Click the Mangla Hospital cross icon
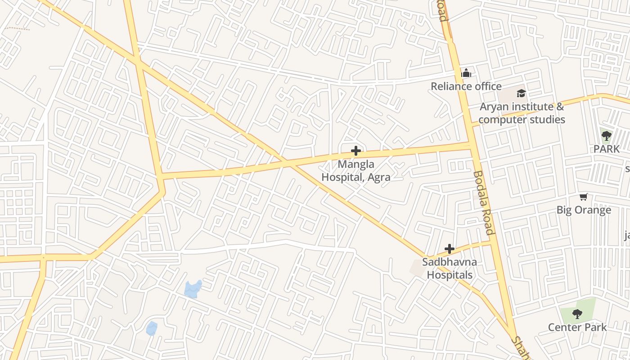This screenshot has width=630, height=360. [x=356, y=151]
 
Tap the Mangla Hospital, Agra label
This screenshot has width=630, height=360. [x=355, y=171]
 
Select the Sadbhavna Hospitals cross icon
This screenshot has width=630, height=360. [x=449, y=248]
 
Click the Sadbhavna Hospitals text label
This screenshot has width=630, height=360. [x=450, y=268]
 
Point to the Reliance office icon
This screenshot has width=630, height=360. [x=466, y=73]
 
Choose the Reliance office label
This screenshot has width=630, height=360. [x=466, y=86]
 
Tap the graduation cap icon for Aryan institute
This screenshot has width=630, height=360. [x=521, y=93]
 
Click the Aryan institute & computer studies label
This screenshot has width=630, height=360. [x=522, y=113]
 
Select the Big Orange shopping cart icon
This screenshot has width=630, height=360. [x=584, y=197]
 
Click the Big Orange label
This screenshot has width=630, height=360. [x=584, y=210]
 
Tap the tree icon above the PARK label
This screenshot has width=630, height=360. [x=606, y=135]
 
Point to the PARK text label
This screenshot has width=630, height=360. [x=606, y=148]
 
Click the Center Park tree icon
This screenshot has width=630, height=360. [x=577, y=314]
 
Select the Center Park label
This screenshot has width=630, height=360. [x=577, y=327]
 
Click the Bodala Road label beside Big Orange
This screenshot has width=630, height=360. [x=483, y=202]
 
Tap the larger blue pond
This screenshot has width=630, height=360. [x=193, y=289]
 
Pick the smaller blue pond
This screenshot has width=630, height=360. [x=152, y=328]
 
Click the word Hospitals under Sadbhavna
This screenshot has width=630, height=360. [x=450, y=274]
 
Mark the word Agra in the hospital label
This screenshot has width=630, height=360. [x=378, y=177]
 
